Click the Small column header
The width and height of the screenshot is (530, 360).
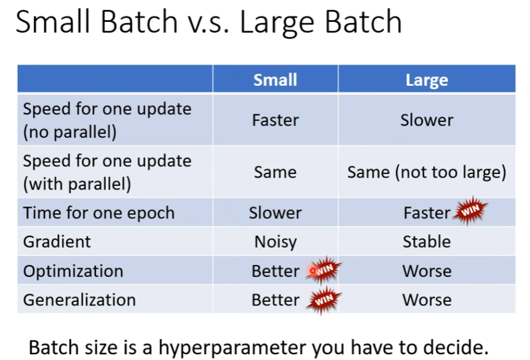coord(275,80)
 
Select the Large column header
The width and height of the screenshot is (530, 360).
coord(426,80)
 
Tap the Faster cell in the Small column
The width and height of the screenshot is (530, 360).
coord(276,120)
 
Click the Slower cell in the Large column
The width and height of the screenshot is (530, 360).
coord(426,120)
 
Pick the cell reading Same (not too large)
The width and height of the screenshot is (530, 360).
coord(426,172)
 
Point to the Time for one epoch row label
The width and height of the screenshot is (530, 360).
coord(99,213)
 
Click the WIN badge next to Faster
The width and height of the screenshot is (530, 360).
coord(470,210)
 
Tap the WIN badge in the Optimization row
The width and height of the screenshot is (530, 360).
coord(323,270)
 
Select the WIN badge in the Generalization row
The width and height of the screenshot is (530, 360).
coord(323,300)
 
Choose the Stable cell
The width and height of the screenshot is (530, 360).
coord(426,242)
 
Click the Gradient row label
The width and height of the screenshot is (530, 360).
coord(57,242)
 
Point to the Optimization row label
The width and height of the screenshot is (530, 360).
coord(73,272)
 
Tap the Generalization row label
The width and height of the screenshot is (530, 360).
coord(79,300)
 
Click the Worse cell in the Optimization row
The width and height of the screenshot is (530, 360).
coord(426,271)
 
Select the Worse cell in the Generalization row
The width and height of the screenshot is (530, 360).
coord(426,300)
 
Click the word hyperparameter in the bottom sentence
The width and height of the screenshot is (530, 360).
coord(233,348)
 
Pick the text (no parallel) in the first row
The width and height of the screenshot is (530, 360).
coord(70,132)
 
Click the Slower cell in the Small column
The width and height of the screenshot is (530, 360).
coord(275,213)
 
